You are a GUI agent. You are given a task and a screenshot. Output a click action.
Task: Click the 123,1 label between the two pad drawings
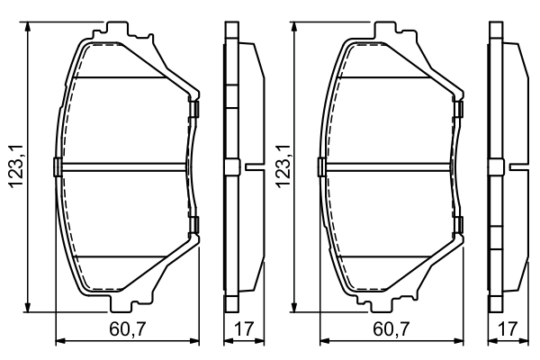281,166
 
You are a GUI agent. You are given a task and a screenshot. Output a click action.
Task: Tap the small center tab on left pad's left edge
57,166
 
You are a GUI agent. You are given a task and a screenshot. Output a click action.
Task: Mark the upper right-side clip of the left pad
193,110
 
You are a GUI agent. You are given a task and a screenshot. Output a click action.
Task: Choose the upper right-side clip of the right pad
459,110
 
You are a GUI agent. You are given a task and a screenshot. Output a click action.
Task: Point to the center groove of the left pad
124,166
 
